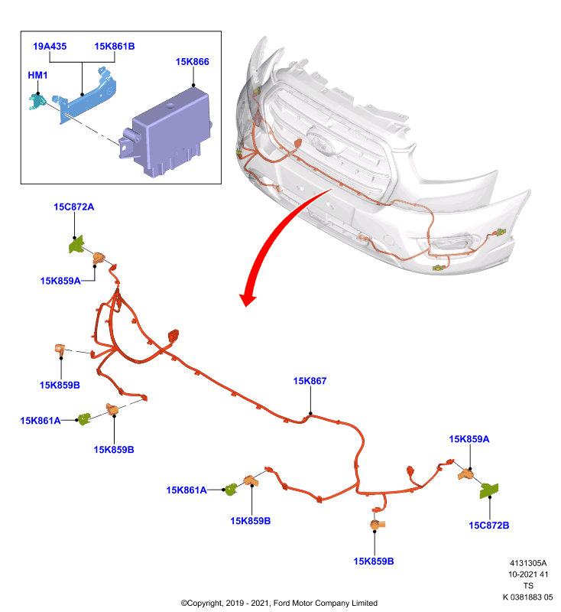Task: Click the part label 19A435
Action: [50, 47]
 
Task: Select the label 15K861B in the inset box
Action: [115, 47]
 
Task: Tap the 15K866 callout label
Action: [192, 62]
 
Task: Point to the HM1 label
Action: [37, 75]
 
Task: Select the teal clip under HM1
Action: [37, 102]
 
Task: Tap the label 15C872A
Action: [73, 207]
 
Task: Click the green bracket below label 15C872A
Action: [76, 245]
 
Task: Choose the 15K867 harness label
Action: [310, 381]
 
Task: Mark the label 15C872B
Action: [489, 526]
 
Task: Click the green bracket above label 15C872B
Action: [489, 490]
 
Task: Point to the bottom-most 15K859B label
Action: [374, 562]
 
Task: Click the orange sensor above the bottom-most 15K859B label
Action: [377, 525]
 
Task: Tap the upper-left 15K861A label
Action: [41, 421]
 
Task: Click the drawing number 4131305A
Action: [528, 563]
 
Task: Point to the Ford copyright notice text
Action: [279, 603]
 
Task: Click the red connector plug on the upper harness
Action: [173, 337]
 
